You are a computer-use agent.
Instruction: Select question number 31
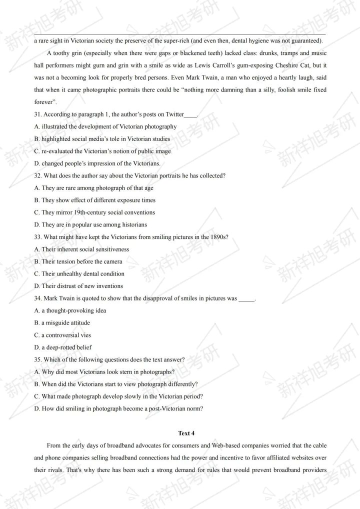click(38, 114)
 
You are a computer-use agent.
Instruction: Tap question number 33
click(38, 237)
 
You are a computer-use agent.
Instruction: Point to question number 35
click(38, 359)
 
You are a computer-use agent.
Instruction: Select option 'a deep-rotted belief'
click(63, 347)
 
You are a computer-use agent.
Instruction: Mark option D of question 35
click(118, 408)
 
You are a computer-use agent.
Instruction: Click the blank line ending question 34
click(246, 299)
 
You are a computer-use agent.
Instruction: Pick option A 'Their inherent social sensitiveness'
click(81, 249)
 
